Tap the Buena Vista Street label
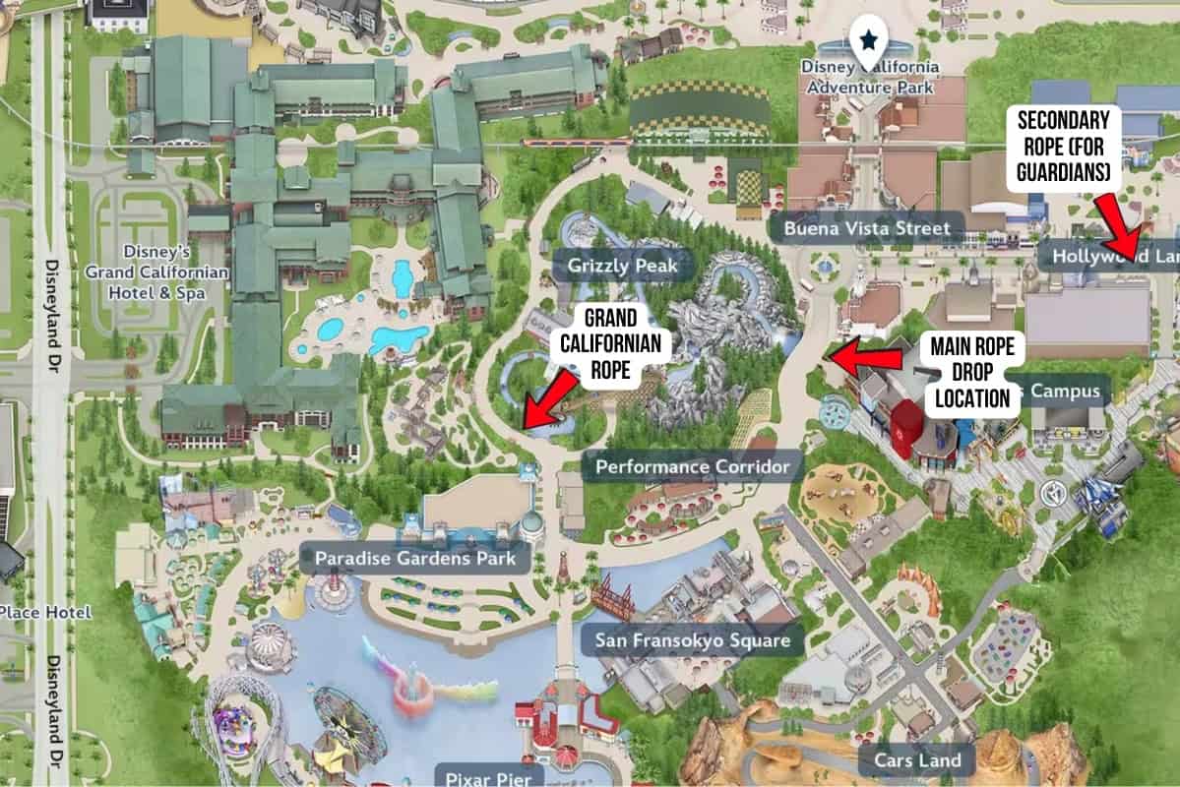[x=867, y=229]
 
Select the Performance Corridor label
[x=692, y=466]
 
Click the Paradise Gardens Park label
[x=415, y=560]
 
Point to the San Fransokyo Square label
[x=692, y=641]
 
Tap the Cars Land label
[x=917, y=759]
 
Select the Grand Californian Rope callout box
[x=610, y=344]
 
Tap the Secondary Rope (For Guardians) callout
[x=1063, y=148]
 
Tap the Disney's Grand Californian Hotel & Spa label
[x=156, y=272]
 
